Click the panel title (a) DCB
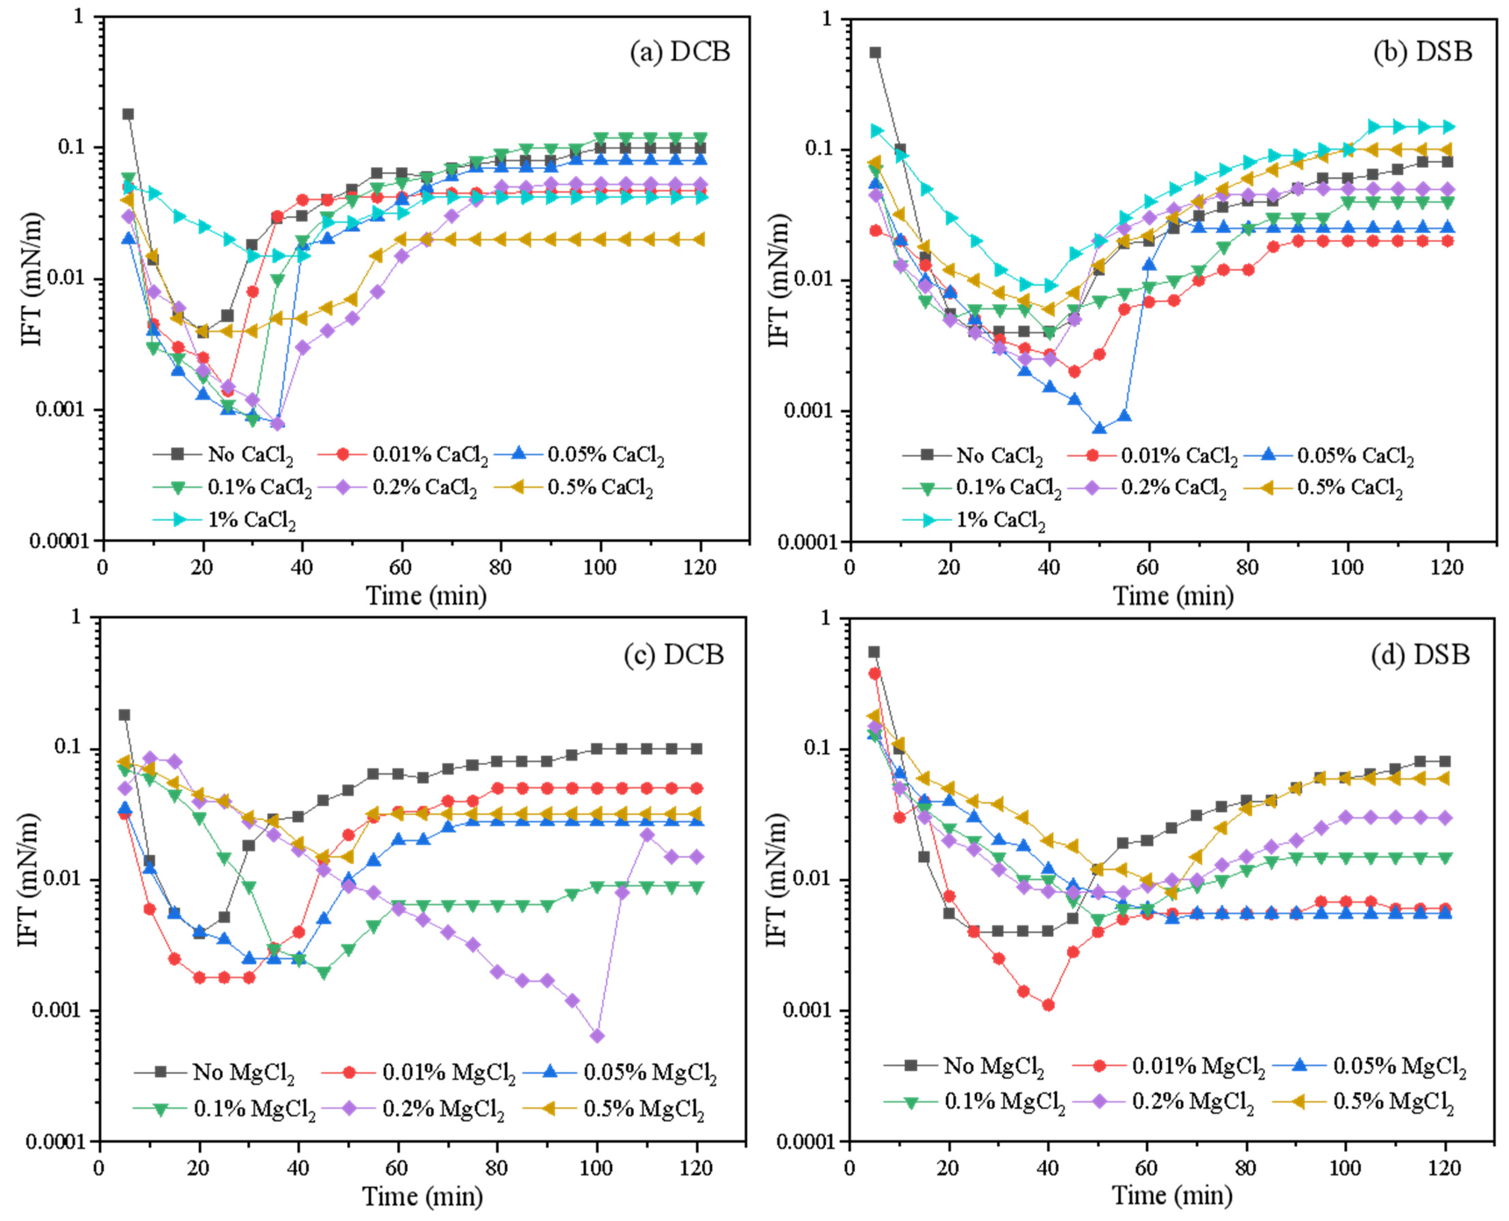(x=679, y=52)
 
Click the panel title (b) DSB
(x=1422, y=52)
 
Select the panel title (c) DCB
(x=674, y=655)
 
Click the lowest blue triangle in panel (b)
(x=1099, y=428)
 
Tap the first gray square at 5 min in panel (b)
(x=875, y=53)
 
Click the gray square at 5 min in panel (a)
(x=128, y=114)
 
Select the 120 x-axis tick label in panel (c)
(x=696, y=1168)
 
